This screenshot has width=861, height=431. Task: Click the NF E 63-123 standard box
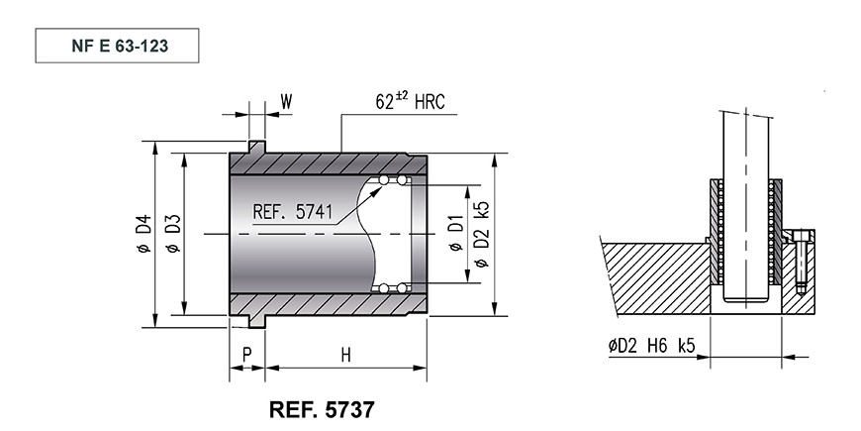click(117, 46)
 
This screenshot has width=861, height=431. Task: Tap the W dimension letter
click(286, 102)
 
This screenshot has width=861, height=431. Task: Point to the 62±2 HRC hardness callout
click(410, 101)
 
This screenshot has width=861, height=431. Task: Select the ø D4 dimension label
click(143, 234)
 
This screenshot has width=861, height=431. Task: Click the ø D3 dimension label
click(173, 233)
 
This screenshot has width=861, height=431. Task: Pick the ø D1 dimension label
click(456, 234)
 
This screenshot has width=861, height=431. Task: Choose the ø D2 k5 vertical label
click(481, 234)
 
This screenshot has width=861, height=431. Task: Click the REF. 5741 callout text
click(293, 212)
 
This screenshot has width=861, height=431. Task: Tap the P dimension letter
click(247, 355)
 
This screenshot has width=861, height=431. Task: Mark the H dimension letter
click(345, 355)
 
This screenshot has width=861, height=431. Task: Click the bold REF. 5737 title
click(323, 409)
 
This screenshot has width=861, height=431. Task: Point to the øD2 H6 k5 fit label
click(652, 346)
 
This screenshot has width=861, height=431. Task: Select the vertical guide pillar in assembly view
click(745, 207)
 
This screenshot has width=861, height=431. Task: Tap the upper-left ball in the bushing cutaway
click(384, 179)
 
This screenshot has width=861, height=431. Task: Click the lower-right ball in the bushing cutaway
click(402, 288)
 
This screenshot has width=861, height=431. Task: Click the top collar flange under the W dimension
click(257, 147)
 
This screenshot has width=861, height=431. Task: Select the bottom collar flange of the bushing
click(257, 322)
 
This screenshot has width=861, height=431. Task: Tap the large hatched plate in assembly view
click(655, 277)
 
